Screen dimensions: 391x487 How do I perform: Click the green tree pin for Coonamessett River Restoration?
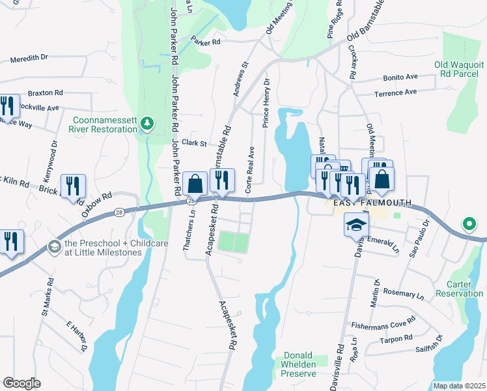click(148, 124)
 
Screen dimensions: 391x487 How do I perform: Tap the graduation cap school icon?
click(355, 225)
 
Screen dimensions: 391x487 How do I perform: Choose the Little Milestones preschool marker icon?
click(53, 246)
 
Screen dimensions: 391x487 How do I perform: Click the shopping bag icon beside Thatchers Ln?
click(195, 184)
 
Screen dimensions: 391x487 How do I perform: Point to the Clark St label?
click(194, 143)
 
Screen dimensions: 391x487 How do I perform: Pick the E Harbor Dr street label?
click(77, 336)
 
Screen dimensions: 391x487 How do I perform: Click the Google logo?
click(21, 383)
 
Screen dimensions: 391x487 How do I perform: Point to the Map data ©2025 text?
click(459, 386)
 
